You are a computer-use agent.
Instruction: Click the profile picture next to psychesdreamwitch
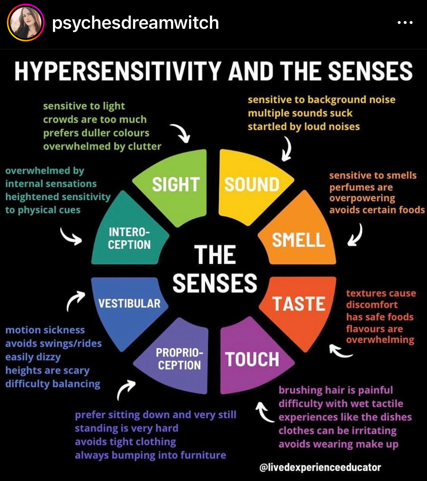(x=26, y=23)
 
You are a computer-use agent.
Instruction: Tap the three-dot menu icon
(x=405, y=23)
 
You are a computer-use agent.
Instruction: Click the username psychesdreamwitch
(x=135, y=23)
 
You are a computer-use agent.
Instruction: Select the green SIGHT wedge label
(x=175, y=185)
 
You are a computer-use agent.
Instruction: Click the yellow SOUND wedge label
(x=252, y=185)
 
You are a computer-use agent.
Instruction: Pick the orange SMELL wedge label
(x=298, y=240)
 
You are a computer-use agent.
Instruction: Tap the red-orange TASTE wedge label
(x=299, y=304)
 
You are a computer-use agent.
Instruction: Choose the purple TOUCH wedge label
(x=252, y=359)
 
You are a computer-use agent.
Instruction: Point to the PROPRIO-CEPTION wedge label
(x=179, y=359)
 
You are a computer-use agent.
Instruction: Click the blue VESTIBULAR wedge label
(x=129, y=303)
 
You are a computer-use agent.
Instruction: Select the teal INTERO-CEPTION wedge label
(x=129, y=238)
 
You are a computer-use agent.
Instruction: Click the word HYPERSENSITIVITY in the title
(x=118, y=71)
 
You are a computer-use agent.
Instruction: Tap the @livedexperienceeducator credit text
(x=320, y=467)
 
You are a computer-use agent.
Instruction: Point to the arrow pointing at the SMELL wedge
(x=355, y=235)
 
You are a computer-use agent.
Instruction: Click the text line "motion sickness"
(x=45, y=330)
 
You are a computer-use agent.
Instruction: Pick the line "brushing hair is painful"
(x=336, y=390)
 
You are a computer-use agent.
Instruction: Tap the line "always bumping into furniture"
(x=150, y=455)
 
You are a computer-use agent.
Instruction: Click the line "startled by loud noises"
(x=304, y=126)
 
